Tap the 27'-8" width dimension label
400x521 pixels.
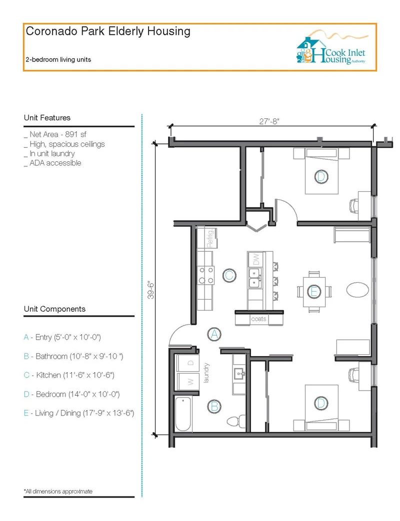(269, 121)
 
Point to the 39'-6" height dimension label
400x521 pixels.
(151, 290)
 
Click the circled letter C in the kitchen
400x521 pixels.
(229, 275)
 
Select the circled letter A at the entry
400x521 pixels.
(214, 334)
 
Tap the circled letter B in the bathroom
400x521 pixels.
(214, 407)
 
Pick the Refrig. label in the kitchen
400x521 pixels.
(210, 238)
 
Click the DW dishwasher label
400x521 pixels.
(255, 260)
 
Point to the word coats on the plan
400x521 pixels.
(258, 319)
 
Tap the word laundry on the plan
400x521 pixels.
(206, 373)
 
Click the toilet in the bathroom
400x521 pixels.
(236, 421)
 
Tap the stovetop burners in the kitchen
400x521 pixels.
(206, 275)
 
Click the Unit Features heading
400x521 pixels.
(47, 117)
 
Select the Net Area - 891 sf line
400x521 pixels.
(55, 134)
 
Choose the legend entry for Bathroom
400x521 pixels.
(73, 356)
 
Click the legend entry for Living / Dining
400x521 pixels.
(79, 413)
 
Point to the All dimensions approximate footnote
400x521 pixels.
(58, 491)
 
